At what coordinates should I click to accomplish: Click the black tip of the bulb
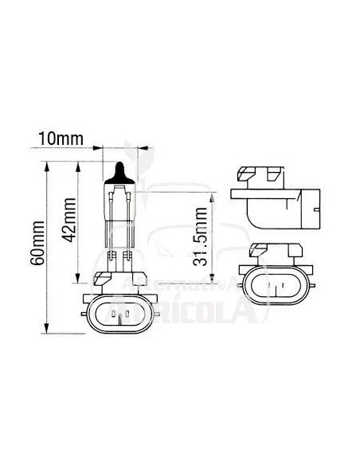[120, 170]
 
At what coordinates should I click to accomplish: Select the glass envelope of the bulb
[120, 211]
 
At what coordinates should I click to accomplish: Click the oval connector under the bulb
[119, 316]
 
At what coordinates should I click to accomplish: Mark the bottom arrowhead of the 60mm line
[48, 332]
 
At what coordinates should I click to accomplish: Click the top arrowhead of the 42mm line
[78, 166]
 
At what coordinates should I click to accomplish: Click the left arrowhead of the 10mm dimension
[100, 147]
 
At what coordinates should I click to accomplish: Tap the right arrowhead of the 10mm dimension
[142, 147]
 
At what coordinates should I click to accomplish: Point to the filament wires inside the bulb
[120, 199]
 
